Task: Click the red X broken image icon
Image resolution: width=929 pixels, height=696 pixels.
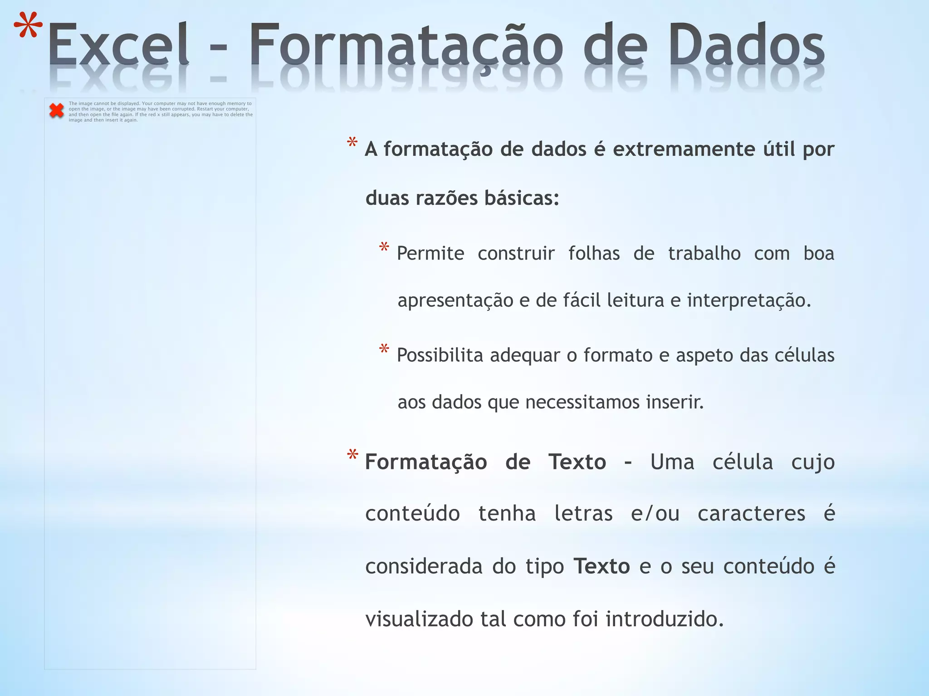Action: (57, 111)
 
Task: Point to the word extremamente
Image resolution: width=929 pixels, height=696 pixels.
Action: (684, 149)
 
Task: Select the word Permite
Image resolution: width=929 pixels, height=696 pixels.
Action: (430, 253)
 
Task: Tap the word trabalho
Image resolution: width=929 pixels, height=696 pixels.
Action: (704, 253)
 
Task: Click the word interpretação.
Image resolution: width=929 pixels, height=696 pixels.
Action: (748, 300)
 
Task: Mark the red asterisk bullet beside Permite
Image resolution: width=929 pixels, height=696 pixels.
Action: (384, 248)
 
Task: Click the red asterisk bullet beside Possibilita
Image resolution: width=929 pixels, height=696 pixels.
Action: (384, 349)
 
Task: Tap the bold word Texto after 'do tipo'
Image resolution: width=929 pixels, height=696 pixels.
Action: (601, 566)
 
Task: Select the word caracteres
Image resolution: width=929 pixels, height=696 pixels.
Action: (751, 514)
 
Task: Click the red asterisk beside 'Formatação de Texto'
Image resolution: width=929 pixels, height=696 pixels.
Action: (352, 455)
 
